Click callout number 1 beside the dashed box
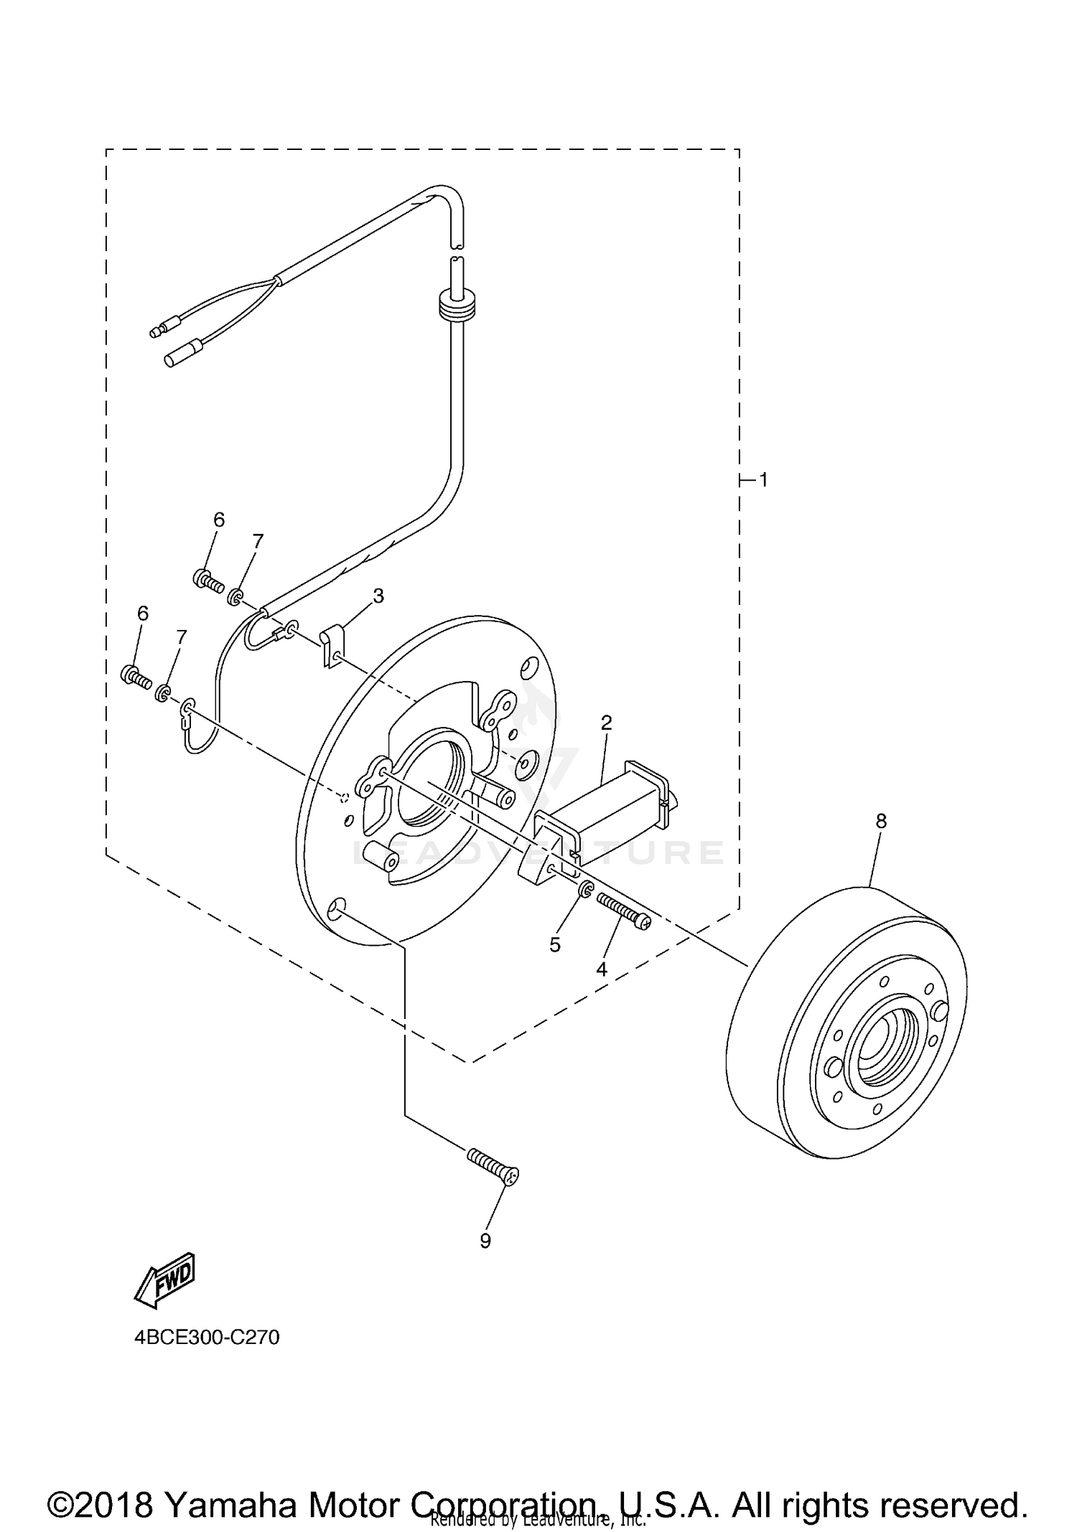[x=764, y=479]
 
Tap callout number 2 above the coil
[x=606, y=723]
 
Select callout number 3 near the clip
[x=378, y=596]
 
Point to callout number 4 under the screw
[x=602, y=969]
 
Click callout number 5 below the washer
[x=555, y=945]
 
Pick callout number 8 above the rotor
[x=881, y=821]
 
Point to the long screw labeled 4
[x=622, y=911]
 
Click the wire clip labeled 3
[x=331, y=644]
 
